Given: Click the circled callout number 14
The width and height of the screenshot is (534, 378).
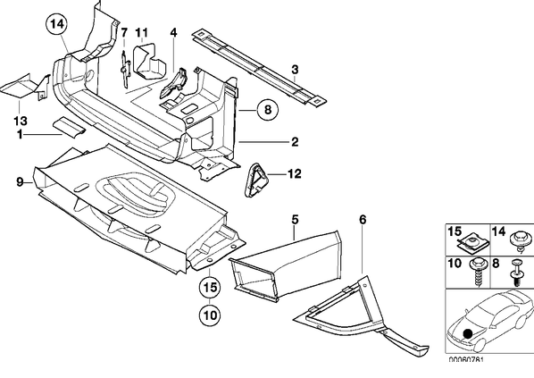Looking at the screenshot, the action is point(57,24).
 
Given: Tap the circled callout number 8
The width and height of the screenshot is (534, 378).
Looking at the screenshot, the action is point(268,110).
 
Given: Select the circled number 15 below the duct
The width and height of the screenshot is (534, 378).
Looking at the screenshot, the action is point(211,288).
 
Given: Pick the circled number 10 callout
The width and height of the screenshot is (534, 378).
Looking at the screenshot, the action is point(211,315).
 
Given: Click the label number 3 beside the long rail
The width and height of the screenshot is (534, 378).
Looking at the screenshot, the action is point(295,70).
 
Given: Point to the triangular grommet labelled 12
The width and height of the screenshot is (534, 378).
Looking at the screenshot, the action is point(255,181).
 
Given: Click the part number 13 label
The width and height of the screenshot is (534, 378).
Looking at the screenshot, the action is point(21,121).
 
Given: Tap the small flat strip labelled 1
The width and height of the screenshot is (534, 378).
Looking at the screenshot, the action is point(70,127).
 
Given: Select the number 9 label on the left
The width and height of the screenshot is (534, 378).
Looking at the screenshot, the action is point(21,182).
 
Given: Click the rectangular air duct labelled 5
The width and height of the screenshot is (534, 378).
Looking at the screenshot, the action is point(286,266).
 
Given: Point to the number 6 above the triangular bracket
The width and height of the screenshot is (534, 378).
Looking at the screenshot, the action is point(363,220).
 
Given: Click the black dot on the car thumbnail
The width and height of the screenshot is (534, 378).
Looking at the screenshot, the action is point(468,333).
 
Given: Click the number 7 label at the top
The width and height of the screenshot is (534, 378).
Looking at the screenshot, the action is point(124,33).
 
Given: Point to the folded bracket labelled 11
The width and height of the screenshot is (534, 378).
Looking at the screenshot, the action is point(149,61).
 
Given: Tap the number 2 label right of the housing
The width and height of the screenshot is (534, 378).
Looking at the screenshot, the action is point(295,142).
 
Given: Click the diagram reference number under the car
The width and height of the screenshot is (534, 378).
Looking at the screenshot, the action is point(465,360).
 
